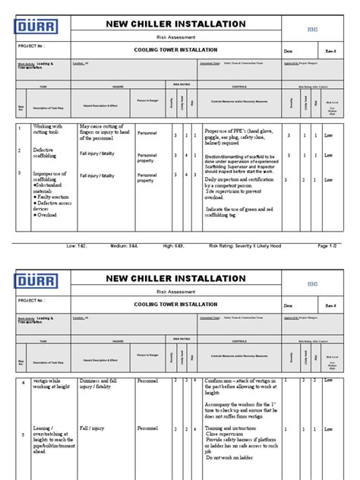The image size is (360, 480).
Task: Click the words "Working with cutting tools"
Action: [x=50, y=131]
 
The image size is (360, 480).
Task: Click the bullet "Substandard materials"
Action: [x=52, y=186]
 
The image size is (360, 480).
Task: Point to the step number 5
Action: [x=21, y=434]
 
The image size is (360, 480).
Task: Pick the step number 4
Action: [x=21, y=382]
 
